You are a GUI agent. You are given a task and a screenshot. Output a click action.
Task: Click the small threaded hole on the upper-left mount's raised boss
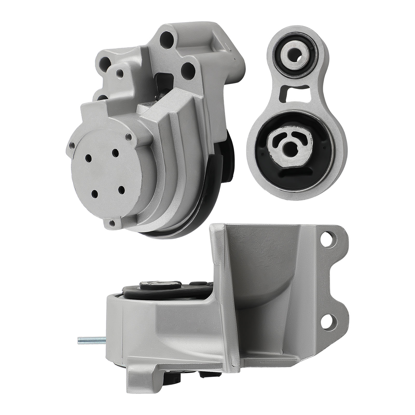120,71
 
